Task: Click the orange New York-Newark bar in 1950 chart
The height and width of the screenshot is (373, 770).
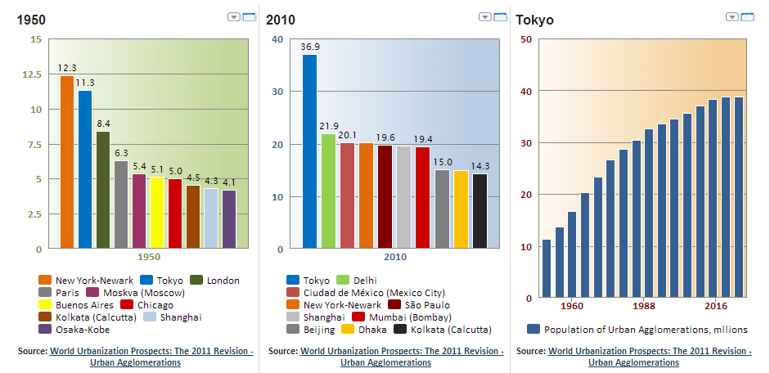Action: coord(67,162)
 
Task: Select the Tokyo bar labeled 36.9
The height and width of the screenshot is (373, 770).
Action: coord(309,151)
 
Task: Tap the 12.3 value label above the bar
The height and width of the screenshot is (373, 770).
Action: coord(67,68)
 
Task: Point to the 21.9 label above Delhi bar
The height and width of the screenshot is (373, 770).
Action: coord(328,126)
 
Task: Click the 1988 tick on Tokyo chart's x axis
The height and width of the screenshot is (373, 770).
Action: coord(644,307)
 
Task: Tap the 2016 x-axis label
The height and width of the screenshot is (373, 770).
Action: coord(716,307)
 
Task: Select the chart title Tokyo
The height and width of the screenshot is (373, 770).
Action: coord(534,20)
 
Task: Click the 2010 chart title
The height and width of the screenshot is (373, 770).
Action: coord(281,20)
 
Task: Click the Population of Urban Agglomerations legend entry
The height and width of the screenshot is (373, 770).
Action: coord(637,330)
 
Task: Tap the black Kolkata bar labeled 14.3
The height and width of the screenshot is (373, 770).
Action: coord(480,210)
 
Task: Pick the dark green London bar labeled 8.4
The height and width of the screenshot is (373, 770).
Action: coord(103,190)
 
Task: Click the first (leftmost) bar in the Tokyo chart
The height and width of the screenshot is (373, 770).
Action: coord(547,268)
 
